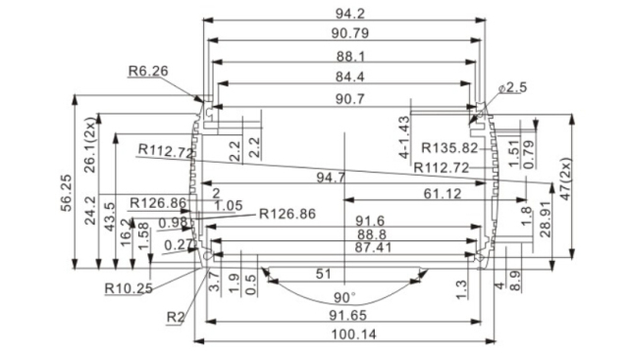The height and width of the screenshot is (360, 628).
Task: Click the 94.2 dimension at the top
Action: point(343,12)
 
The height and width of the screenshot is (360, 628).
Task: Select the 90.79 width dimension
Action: point(343,34)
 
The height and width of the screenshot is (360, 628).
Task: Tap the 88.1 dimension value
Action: point(343,56)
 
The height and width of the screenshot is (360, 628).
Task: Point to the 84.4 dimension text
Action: point(343,77)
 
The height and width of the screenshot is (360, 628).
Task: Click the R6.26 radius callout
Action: point(148,71)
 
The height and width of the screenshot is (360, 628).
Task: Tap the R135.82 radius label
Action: point(449,148)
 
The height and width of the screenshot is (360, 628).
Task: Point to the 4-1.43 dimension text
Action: point(403,136)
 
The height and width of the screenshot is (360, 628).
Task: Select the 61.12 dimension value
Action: point(443,195)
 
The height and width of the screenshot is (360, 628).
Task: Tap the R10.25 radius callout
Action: point(128,288)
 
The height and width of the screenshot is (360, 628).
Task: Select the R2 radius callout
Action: point(175,316)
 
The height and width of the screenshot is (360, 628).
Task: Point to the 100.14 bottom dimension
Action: point(343,334)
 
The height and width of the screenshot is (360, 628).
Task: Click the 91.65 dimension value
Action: point(343,316)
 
